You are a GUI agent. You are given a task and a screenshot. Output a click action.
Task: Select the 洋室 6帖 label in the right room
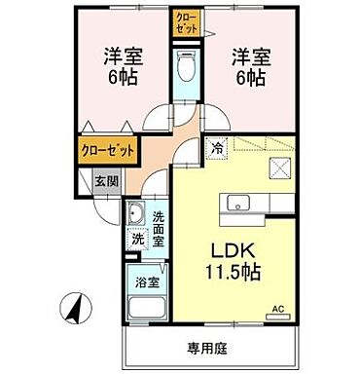(250, 69)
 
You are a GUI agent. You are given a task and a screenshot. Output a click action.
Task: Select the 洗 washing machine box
(137, 238)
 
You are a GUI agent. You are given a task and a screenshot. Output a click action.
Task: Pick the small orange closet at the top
(185, 22)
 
